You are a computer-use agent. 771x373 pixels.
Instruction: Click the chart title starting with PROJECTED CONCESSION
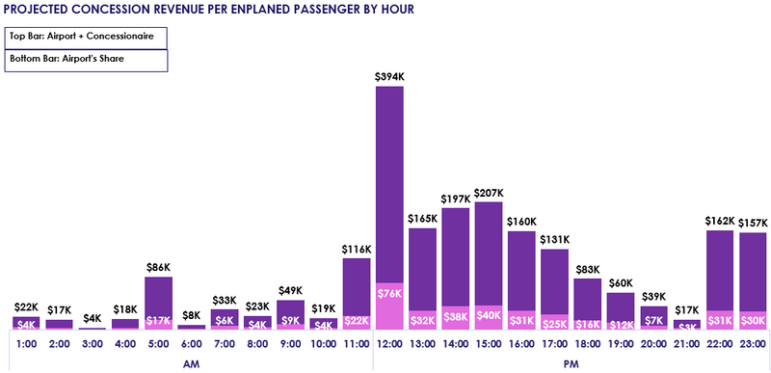(x=209, y=10)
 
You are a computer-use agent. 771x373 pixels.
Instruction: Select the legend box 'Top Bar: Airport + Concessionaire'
(x=87, y=37)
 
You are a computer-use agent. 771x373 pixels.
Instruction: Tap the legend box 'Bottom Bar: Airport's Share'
(x=87, y=60)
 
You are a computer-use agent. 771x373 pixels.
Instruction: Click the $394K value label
(x=389, y=75)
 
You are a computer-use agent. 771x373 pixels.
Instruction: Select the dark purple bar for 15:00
(x=489, y=255)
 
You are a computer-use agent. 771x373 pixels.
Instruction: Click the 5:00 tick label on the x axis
(x=158, y=342)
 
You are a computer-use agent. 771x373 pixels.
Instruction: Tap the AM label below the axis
(x=191, y=363)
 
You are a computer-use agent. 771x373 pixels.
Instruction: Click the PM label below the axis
(x=572, y=363)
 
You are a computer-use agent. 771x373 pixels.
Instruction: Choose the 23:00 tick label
(x=753, y=342)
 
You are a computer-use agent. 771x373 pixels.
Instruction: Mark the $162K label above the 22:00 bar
(x=720, y=220)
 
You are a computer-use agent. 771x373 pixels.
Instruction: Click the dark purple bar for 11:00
(x=357, y=284)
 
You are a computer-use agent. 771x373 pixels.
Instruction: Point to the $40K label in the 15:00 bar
(x=489, y=316)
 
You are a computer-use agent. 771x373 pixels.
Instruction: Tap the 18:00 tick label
(x=588, y=342)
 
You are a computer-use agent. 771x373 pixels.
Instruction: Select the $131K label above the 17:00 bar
(x=555, y=239)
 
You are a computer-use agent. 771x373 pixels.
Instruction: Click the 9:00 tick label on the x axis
(x=290, y=342)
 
